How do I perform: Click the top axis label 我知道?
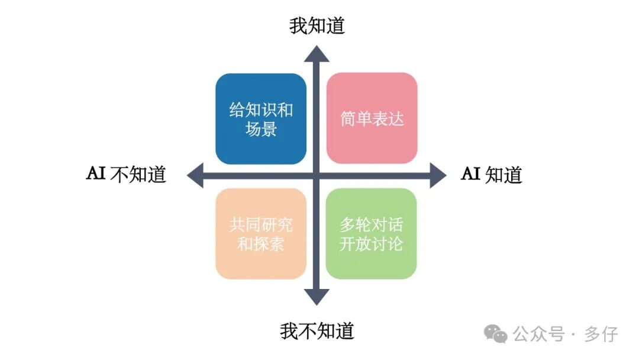317,26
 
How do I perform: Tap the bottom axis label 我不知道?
317,330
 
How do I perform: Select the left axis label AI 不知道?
126,175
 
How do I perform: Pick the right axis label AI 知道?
492,175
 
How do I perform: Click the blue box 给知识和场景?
261,119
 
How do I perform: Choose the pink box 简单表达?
372,118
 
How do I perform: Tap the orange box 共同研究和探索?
261,234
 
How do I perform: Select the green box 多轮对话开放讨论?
371,234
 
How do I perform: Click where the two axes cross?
317,175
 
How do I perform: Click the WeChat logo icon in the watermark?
496,334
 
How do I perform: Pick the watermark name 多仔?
601,334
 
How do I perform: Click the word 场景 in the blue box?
261,128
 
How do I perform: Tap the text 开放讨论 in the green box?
371,243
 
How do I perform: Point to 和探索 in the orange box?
261,243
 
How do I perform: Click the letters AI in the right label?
470,174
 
